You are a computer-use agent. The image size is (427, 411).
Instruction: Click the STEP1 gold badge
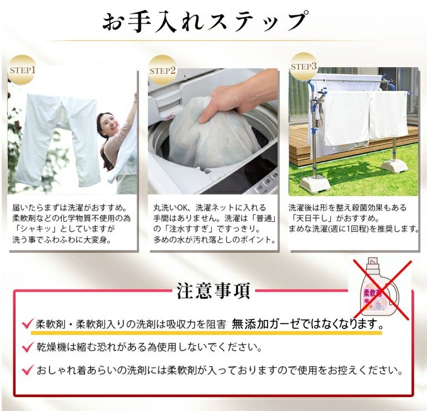click(x=22, y=70)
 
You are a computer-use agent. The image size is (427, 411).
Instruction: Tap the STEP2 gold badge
click(x=162, y=70)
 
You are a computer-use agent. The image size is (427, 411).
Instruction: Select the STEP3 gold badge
click(x=304, y=66)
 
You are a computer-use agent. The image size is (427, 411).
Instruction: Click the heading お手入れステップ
click(x=206, y=21)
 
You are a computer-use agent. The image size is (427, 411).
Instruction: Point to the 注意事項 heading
click(x=213, y=291)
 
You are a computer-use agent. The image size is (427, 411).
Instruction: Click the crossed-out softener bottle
click(x=380, y=288)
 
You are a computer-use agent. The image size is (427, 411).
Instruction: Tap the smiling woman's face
click(x=108, y=124)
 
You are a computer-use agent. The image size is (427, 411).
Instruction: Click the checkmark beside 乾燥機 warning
click(x=28, y=347)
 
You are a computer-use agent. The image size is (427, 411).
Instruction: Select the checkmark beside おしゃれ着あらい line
click(x=28, y=370)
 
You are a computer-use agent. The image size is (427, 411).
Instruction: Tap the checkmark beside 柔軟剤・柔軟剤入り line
click(x=28, y=324)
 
